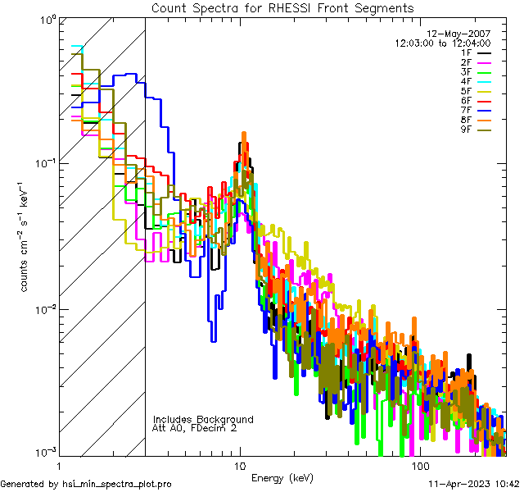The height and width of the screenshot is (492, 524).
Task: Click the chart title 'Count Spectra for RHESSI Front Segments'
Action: (x=282, y=7)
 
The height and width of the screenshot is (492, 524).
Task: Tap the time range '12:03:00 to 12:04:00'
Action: (x=442, y=43)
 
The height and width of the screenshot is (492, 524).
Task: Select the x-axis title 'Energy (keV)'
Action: (x=282, y=477)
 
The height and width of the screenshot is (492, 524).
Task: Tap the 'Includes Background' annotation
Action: (x=203, y=419)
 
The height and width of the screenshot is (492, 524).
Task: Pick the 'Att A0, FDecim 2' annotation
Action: (x=195, y=428)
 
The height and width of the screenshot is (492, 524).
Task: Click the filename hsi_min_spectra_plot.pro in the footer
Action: (x=117, y=484)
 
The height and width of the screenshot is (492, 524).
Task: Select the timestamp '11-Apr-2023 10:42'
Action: (x=472, y=484)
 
